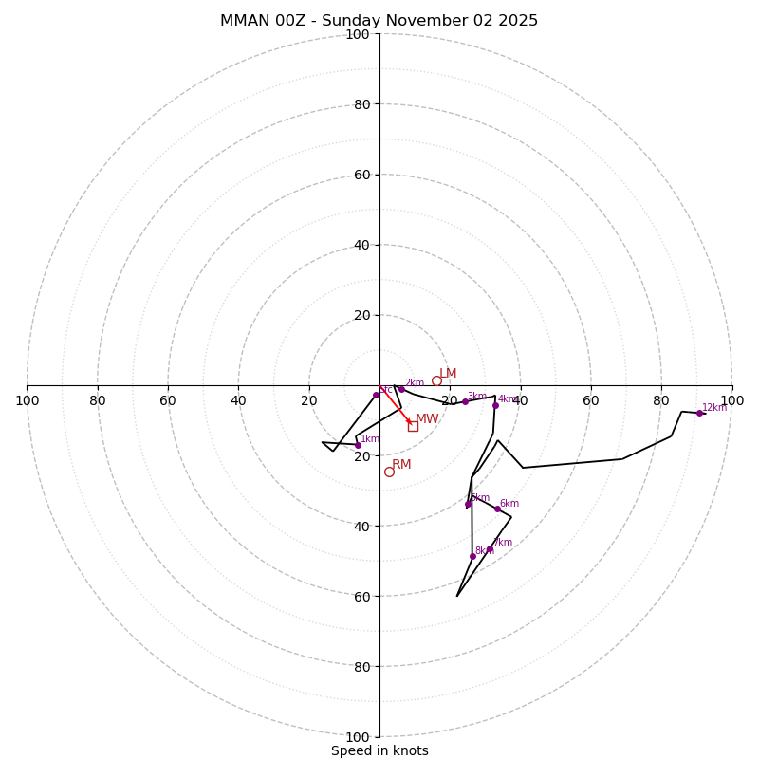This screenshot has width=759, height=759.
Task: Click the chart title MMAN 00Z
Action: coord(379,21)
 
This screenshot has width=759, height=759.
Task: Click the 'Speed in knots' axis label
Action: coord(379,750)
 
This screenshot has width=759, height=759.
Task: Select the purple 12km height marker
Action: coord(699,413)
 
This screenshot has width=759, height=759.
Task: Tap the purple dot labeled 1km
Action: coord(358,445)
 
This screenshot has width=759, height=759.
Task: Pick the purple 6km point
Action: coord(497,509)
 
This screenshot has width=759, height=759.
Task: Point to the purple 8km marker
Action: coord(472,556)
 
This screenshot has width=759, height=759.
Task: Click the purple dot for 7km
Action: coord(491,548)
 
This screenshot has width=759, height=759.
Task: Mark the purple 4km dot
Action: coord(495,405)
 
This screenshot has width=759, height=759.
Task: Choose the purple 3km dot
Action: coord(465,401)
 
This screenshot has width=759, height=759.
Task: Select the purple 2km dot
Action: coord(401,389)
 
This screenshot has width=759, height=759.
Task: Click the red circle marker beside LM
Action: coord(436,381)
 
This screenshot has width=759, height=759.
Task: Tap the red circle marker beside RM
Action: coord(389,472)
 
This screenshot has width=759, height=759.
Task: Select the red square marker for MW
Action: coord(413,426)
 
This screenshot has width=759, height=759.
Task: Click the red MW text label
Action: coord(427,419)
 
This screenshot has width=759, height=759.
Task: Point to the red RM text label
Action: coord(401,465)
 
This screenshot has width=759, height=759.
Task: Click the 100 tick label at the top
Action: coord(358,35)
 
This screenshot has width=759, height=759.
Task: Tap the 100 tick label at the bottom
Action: coord(358,737)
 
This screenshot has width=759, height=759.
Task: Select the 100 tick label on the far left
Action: coord(27,400)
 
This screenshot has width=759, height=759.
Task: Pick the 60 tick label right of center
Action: coord(591,400)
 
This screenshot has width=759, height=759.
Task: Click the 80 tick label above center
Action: coord(361,104)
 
